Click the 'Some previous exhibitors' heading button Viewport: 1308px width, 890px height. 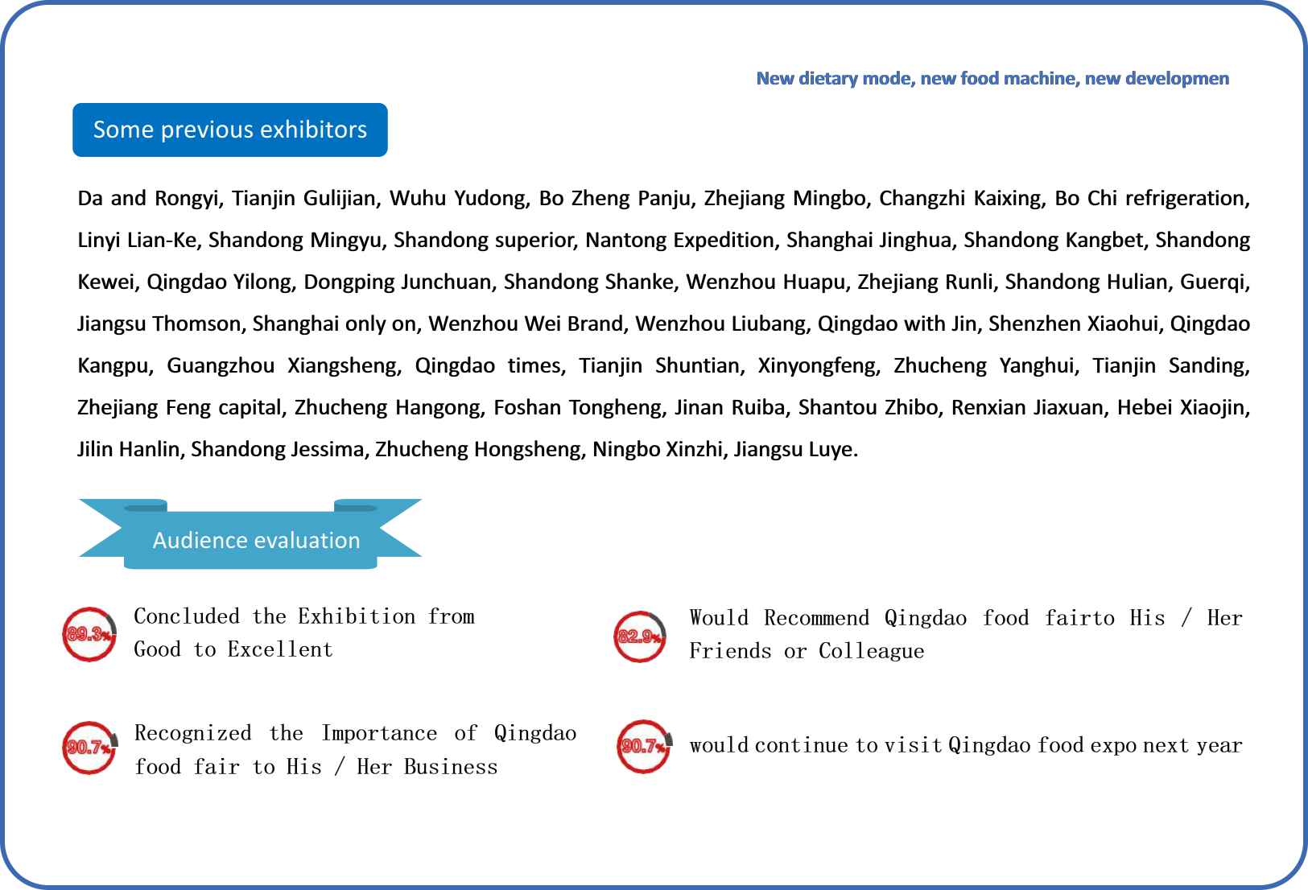[x=229, y=130]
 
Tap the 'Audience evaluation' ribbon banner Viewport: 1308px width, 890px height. [x=256, y=540]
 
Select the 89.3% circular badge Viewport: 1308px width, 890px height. [x=89, y=634]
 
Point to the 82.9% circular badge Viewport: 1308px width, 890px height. [x=640, y=637]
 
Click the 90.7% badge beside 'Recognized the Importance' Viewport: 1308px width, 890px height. [x=89, y=748]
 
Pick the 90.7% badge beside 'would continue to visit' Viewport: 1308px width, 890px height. [x=643, y=746]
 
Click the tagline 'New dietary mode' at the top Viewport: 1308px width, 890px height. [x=992, y=78]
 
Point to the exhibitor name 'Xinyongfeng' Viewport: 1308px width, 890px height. [x=819, y=365]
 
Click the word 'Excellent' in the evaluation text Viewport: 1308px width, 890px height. [x=279, y=649]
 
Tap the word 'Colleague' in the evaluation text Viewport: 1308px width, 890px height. [x=871, y=651]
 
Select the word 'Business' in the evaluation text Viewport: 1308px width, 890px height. [x=451, y=767]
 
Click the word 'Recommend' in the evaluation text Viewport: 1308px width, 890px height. [x=816, y=618]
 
